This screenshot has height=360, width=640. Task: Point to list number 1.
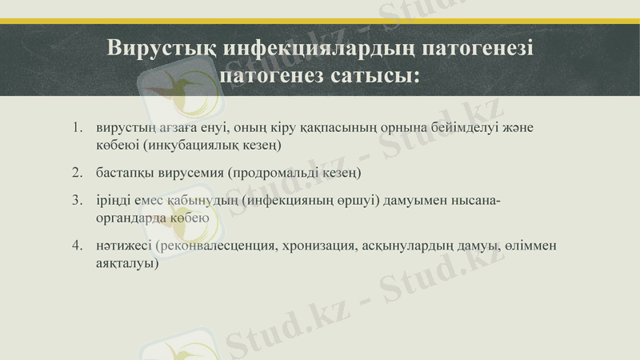tap(77, 128)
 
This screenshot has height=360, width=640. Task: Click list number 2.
tap(77, 173)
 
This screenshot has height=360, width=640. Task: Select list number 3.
tap(77, 199)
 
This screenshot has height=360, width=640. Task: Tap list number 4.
tap(77, 245)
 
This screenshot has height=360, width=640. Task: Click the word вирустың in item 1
tap(121, 128)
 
